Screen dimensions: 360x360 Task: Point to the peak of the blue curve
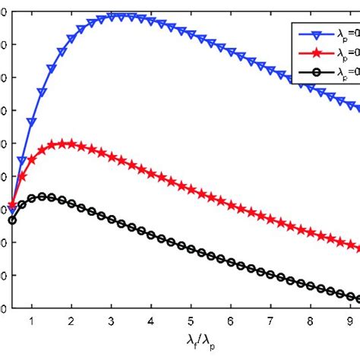point(122,16)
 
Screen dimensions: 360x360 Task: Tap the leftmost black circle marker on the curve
point(12,220)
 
